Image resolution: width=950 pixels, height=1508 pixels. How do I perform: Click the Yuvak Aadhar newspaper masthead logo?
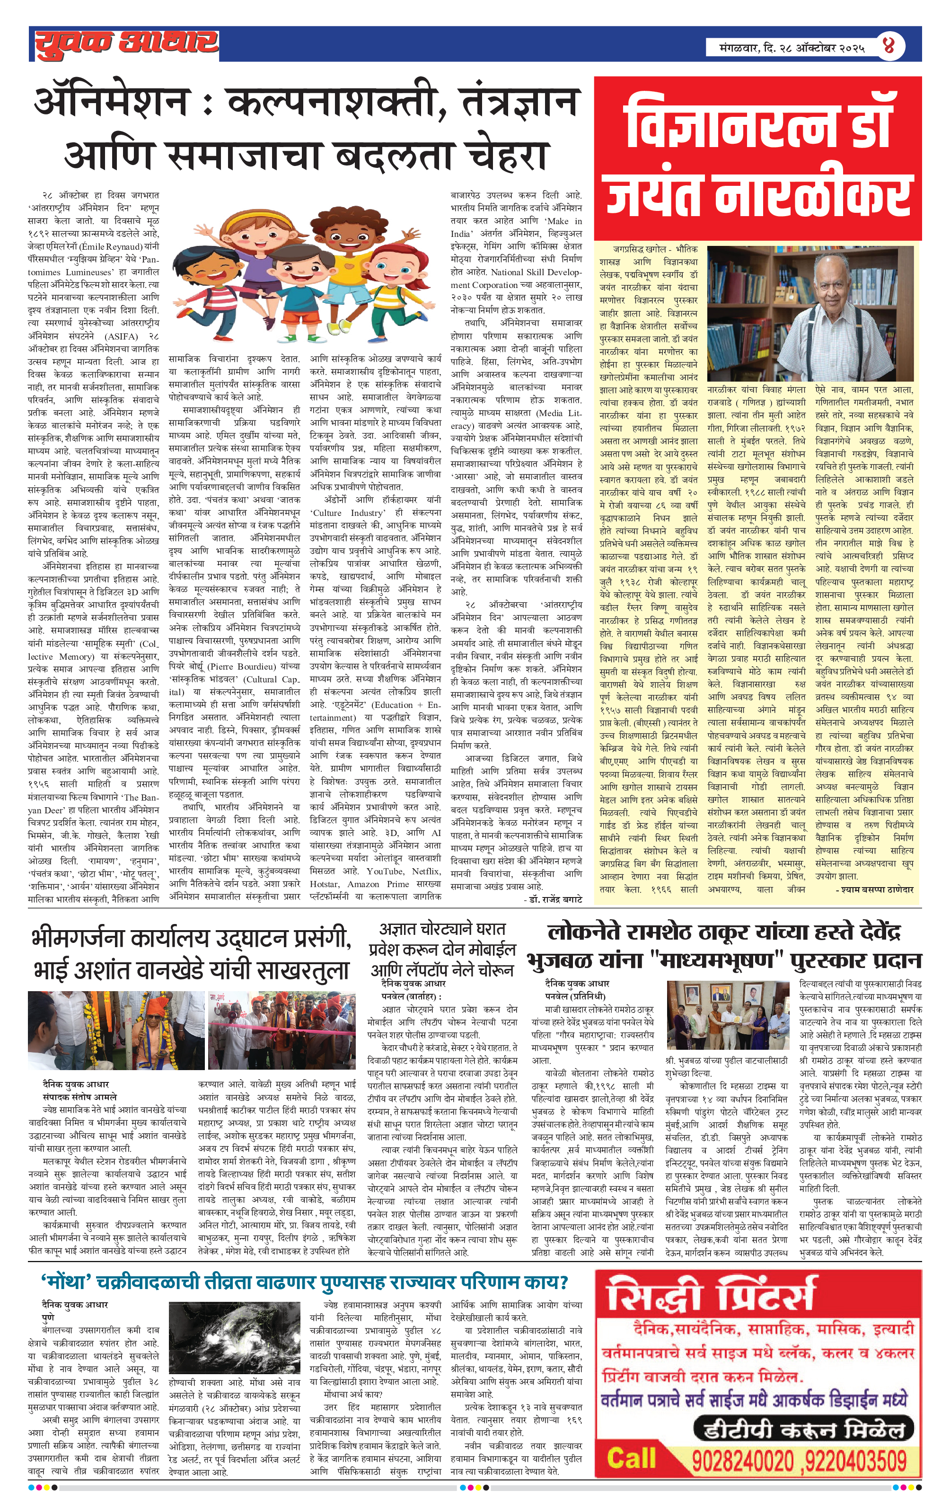pos(125,44)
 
